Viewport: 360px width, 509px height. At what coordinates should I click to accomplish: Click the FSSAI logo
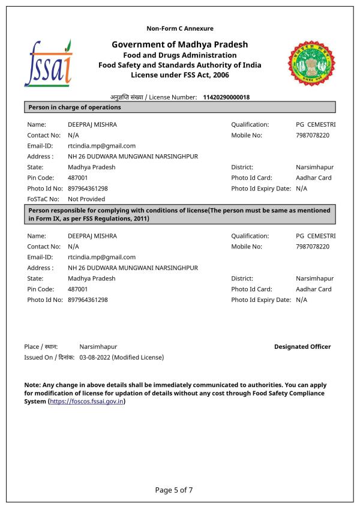coord(48,63)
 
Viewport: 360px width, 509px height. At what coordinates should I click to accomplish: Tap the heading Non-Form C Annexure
coord(180,28)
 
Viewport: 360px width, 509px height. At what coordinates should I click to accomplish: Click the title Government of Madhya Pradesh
coord(180,44)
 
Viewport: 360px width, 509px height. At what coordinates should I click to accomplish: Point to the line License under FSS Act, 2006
coord(180,75)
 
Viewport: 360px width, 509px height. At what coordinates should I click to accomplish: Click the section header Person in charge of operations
coord(75,107)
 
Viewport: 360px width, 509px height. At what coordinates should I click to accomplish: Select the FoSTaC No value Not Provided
coord(86,199)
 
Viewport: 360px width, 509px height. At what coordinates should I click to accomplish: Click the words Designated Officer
coord(302,346)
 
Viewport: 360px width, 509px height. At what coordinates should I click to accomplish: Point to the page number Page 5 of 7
coord(174,490)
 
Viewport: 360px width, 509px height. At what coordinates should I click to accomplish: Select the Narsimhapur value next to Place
coord(98,346)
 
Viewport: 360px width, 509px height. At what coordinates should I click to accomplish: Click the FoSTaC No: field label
coord(43,199)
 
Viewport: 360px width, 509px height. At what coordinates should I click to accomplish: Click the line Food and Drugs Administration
coord(180,55)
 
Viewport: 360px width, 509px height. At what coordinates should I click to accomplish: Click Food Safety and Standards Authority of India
coord(180,65)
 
